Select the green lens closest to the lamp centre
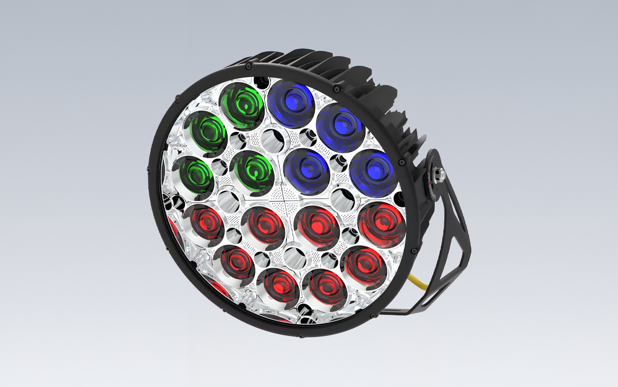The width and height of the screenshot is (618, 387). [x=251, y=170]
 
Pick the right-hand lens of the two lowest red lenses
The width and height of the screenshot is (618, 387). [x=323, y=286]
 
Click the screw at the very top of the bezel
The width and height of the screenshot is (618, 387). [x=248, y=67]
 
